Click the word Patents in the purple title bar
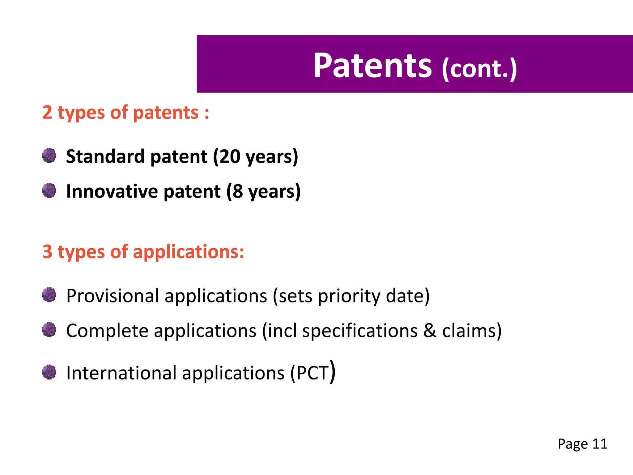[372, 66]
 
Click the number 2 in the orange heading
[47, 113]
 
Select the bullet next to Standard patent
[49, 156]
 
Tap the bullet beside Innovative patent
[49, 190]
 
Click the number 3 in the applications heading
[47, 252]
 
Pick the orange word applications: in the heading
[189, 252]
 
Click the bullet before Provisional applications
[49, 295]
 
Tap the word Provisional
[113, 296]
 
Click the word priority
[349, 296]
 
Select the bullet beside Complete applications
[49, 330]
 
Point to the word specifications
[359, 331]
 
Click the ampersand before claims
[430, 331]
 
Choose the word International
[121, 373]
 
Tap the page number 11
[600, 444]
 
